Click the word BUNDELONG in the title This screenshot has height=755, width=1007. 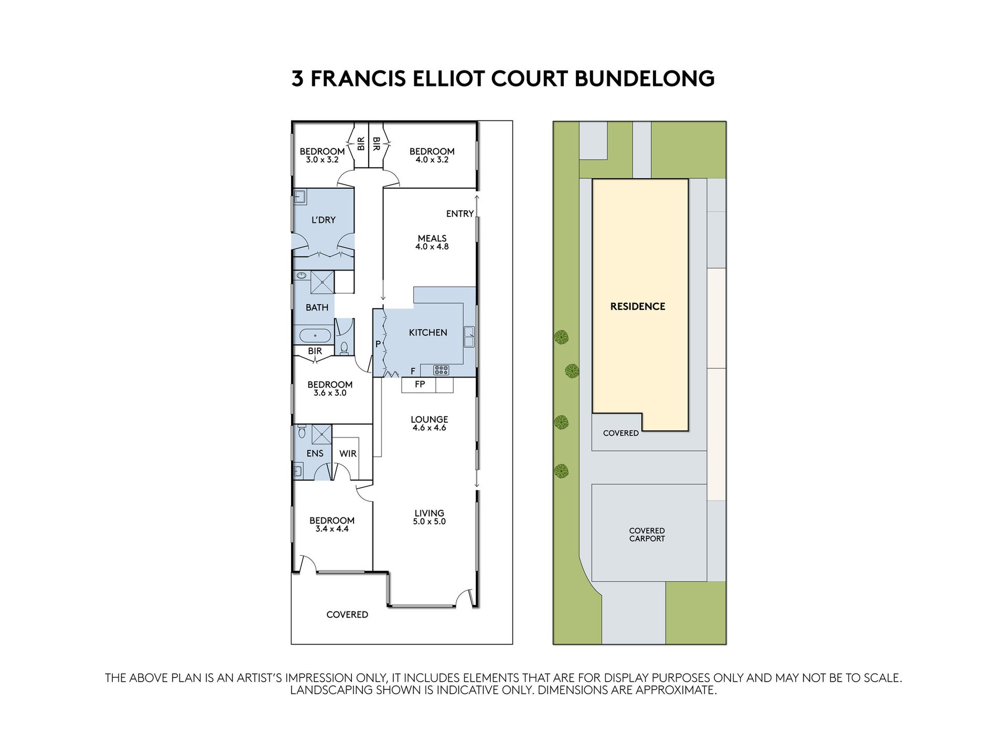pyautogui.click(x=645, y=79)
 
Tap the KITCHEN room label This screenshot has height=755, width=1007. pyautogui.click(x=428, y=332)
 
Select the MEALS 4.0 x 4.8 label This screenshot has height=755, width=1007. pyautogui.click(x=432, y=242)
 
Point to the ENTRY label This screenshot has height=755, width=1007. pyautogui.click(x=460, y=213)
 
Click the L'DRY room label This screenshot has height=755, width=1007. pyautogui.click(x=324, y=220)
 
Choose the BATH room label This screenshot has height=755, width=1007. pyautogui.click(x=317, y=307)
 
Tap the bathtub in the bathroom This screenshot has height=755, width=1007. pyautogui.click(x=314, y=335)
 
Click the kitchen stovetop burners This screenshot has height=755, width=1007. pyautogui.click(x=441, y=370)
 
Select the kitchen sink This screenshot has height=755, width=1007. pyautogui.click(x=469, y=336)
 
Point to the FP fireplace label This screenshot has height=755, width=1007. pyautogui.click(x=420, y=384)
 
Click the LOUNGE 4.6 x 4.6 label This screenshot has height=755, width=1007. pyautogui.click(x=429, y=423)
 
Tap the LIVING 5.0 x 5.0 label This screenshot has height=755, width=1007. pyautogui.click(x=429, y=517)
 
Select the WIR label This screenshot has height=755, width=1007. pyautogui.click(x=348, y=454)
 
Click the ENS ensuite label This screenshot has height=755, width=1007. pyautogui.click(x=315, y=454)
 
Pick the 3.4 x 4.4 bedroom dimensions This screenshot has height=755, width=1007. pyautogui.click(x=332, y=529)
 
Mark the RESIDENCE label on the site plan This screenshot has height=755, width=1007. pyautogui.click(x=638, y=306)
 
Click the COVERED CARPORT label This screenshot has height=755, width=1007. pyautogui.click(x=647, y=534)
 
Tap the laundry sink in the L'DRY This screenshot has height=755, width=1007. pyautogui.click(x=300, y=197)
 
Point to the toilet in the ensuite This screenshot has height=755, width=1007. pyautogui.click(x=302, y=432)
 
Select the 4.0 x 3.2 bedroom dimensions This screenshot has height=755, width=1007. pyautogui.click(x=432, y=160)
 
